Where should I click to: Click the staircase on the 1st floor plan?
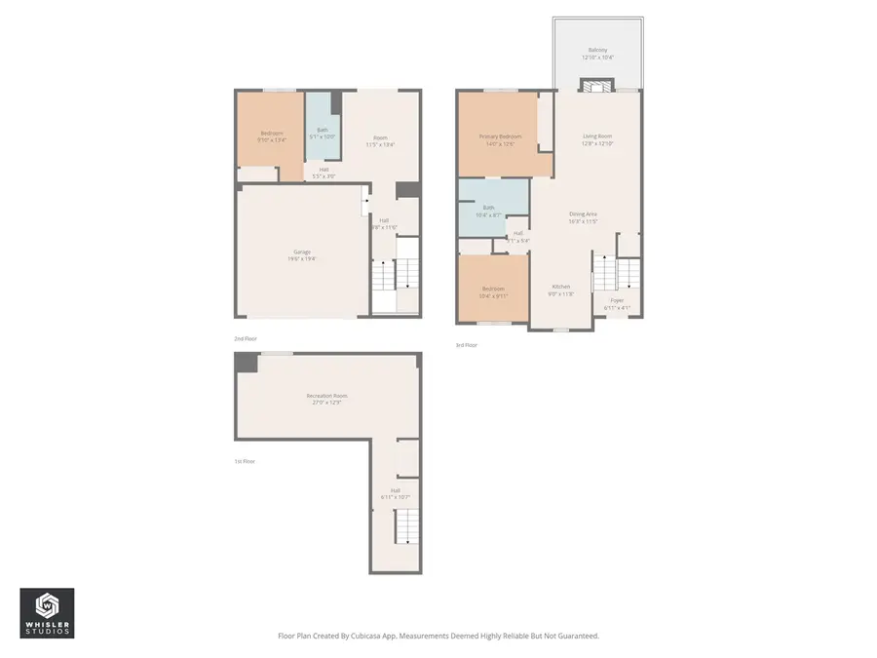tap(406, 527)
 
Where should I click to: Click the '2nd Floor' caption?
tap(245, 338)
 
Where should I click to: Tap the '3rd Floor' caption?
tap(467, 345)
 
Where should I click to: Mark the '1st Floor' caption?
tap(245, 461)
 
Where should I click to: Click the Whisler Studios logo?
tap(47, 612)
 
